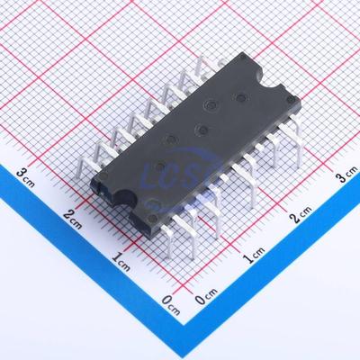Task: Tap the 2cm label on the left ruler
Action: click(x=74, y=215)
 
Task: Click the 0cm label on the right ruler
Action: click(x=206, y=297)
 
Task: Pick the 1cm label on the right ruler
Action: click(x=255, y=260)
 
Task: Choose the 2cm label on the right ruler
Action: click(x=301, y=216)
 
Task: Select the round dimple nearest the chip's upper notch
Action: click(x=240, y=95)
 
